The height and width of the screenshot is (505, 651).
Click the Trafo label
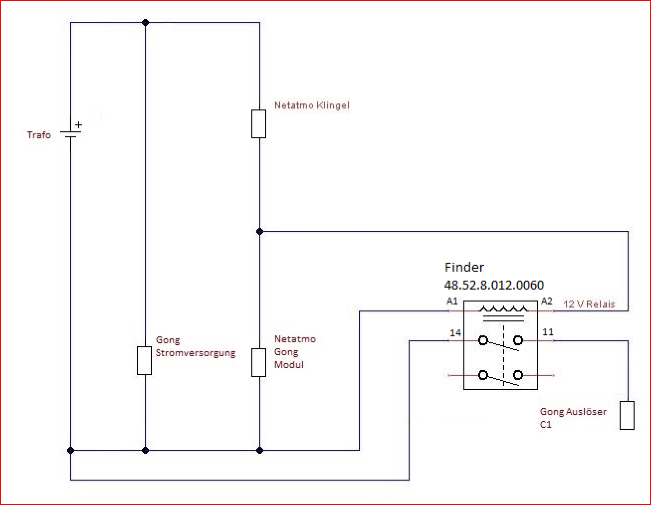(x=39, y=135)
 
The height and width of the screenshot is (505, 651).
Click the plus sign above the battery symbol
(x=78, y=125)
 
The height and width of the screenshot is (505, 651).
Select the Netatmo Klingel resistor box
(x=259, y=124)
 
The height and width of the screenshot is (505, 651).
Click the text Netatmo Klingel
(x=312, y=105)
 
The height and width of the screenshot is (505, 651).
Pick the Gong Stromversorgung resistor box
(x=144, y=361)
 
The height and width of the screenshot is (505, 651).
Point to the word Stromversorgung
(x=196, y=353)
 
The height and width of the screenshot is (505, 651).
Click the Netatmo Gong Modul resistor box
(x=259, y=363)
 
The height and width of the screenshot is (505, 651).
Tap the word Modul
(x=289, y=365)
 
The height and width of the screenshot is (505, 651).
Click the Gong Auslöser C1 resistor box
(x=627, y=415)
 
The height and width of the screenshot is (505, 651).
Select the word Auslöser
(x=586, y=411)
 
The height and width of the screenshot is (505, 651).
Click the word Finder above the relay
(x=464, y=267)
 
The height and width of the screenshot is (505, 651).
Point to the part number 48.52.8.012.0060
(x=494, y=285)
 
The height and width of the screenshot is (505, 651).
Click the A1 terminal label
(x=452, y=301)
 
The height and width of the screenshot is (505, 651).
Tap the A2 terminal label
(x=546, y=301)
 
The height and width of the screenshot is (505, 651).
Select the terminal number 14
(x=455, y=333)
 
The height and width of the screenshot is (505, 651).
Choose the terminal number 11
(x=548, y=332)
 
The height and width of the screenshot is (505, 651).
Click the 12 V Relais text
(x=589, y=304)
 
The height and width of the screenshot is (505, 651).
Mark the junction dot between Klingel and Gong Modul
(x=259, y=231)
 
